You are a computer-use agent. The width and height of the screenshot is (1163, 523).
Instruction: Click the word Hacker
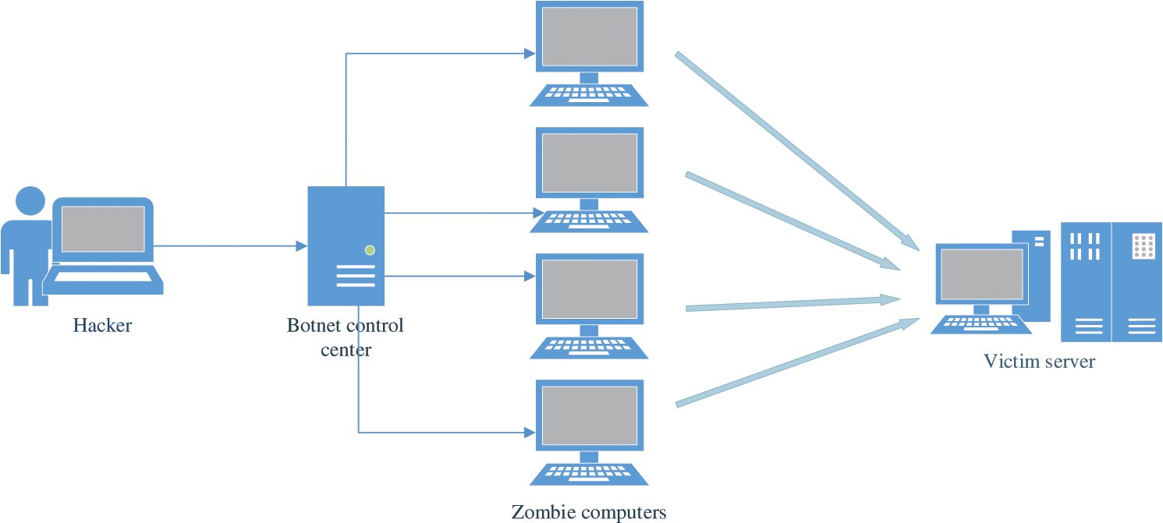click(x=102, y=325)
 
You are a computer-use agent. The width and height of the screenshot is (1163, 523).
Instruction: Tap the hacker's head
click(x=30, y=201)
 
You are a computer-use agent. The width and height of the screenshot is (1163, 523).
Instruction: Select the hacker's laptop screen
click(x=103, y=229)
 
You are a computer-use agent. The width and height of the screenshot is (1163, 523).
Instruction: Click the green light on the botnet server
click(x=370, y=250)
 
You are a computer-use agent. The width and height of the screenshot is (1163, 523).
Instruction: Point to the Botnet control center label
click(x=346, y=337)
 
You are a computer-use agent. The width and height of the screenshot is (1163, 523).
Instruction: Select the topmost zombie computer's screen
click(x=590, y=37)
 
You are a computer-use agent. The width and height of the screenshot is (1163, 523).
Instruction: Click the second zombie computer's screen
click(x=590, y=163)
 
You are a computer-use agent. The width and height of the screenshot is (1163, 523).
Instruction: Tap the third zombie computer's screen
click(x=590, y=289)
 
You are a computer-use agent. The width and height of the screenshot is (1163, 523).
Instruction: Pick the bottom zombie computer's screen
click(x=590, y=415)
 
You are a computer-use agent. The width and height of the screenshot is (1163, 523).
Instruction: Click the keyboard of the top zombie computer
click(x=589, y=95)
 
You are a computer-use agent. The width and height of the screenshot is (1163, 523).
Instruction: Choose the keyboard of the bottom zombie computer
click(x=589, y=474)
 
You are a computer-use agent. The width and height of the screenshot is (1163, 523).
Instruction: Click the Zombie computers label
click(x=589, y=512)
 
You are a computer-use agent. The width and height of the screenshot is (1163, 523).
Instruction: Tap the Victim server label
click(x=1040, y=361)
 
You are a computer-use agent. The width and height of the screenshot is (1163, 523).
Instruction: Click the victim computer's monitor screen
click(x=982, y=274)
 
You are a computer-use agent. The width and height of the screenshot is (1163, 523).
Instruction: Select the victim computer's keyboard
click(x=980, y=324)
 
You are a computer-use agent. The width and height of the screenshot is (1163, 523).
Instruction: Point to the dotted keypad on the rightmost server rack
click(x=1143, y=246)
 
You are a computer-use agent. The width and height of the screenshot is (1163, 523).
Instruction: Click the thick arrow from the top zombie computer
click(x=797, y=151)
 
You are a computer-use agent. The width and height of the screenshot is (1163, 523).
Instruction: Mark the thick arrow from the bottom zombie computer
click(x=798, y=362)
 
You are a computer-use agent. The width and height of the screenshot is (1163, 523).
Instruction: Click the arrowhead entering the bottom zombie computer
click(x=530, y=433)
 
